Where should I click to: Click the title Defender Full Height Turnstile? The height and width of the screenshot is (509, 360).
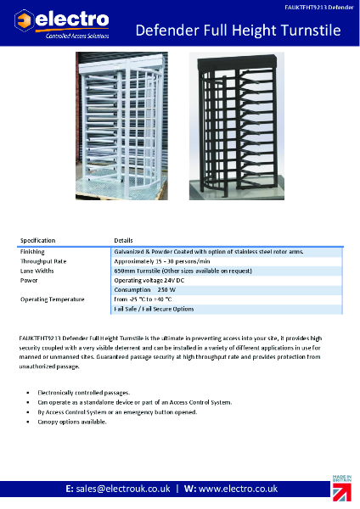[x=239, y=31]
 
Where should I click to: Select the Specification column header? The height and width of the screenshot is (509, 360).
[x=37, y=241]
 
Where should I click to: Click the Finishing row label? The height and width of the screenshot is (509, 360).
[x=33, y=252]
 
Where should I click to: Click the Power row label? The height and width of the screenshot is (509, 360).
[x=29, y=280]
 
